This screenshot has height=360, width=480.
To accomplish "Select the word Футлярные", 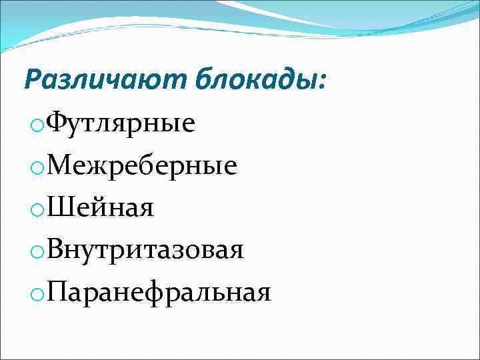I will [123, 124].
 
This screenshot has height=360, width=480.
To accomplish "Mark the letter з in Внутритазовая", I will [181, 252].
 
